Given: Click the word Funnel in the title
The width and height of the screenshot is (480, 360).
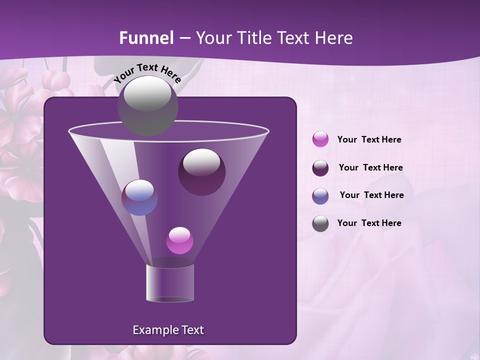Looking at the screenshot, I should pyautogui.click(x=146, y=38).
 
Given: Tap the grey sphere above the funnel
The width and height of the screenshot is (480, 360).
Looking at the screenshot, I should pyautogui.click(x=147, y=106).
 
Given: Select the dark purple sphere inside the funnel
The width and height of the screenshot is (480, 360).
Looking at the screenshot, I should pyautogui.click(x=201, y=172).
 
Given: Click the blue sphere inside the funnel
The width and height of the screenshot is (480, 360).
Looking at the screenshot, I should pyautogui.click(x=139, y=197).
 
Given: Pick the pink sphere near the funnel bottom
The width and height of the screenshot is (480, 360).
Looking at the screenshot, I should pyautogui.click(x=179, y=240).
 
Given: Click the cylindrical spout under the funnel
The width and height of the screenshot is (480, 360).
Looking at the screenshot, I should pyautogui.click(x=169, y=282).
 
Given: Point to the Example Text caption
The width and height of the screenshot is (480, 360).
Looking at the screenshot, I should pyautogui.click(x=168, y=330).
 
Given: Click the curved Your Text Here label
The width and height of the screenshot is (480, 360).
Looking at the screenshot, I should pyautogui.click(x=147, y=73).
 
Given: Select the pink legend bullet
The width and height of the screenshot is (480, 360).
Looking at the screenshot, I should pyautogui.click(x=320, y=139).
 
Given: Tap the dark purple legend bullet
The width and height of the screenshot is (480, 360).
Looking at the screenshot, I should pyautogui.click(x=320, y=168).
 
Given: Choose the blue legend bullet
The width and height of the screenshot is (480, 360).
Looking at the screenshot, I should pyautogui.click(x=320, y=196).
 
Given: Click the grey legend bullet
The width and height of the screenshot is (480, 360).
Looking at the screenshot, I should pyautogui.click(x=320, y=223).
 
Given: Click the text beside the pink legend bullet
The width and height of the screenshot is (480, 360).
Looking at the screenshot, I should pyautogui.click(x=369, y=139).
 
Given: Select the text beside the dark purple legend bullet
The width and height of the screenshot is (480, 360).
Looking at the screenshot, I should pyautogui.click(x=370, y=167).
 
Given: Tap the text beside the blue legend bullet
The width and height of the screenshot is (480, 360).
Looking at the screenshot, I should pyautogui.click(x=371, y=195).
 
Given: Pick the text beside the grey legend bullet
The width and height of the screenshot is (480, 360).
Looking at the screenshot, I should pyautogui.click(x=369, y=223).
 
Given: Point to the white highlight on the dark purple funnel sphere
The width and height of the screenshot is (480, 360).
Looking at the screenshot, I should pyautogui.click(x=201, y=162).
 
